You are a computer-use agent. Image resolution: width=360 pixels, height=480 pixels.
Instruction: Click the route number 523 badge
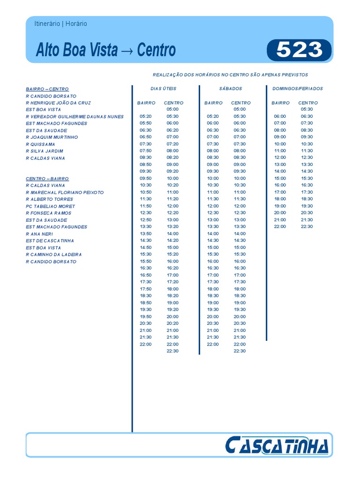point(299,50)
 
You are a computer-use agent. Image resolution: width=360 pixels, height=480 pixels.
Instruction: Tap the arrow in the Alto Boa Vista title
point(127,51)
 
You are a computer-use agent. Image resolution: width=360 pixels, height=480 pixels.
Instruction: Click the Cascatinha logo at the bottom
point(277,445)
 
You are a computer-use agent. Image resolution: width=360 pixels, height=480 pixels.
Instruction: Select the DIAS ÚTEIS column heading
point(164,89)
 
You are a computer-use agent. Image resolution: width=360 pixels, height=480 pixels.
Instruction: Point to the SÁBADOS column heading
point(231,89)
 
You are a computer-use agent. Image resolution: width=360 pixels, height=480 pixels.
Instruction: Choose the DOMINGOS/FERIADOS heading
point(298,89)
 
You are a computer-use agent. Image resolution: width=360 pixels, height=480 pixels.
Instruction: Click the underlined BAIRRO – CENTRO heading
point(47,89)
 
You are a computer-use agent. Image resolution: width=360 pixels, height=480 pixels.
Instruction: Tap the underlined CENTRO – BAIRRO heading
point(47,179)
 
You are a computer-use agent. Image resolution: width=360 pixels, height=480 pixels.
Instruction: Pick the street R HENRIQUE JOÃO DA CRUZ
point(59,103)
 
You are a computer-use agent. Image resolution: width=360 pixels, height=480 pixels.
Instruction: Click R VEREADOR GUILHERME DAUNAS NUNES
point(75,116)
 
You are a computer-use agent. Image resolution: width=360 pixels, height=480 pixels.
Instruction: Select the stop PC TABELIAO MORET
point(51,206)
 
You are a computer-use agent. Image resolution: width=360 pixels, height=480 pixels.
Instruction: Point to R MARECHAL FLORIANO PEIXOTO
point(65,192)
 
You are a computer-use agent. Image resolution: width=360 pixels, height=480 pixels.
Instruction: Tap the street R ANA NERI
point(39,234)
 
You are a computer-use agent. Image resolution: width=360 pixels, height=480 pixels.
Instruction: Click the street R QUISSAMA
point(41,144)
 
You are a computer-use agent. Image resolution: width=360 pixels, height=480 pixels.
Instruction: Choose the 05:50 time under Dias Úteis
point(146,123)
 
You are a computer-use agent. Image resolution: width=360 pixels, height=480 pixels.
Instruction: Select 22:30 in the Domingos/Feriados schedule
point(307,226)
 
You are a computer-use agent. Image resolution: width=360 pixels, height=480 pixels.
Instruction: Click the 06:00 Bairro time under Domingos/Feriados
point(280,116)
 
